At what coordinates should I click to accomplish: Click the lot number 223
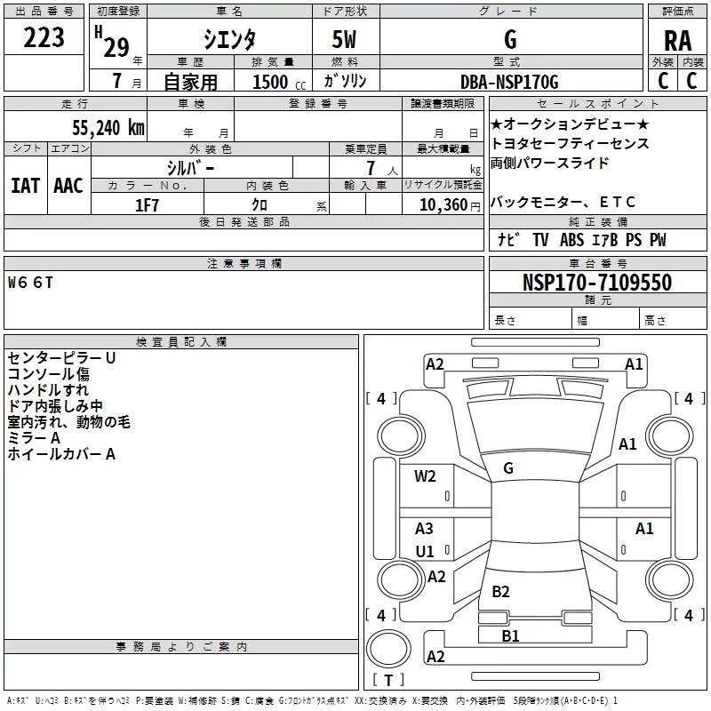point(44,37)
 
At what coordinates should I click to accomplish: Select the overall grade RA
point(678,41)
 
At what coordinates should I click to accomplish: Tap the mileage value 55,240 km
point(108,127)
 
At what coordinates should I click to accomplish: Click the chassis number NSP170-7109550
point(597,282)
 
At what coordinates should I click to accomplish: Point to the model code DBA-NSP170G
point(509,82)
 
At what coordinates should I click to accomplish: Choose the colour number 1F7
point(147,205)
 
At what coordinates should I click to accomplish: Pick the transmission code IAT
point(25,186)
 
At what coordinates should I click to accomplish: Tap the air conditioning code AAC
point(68,186)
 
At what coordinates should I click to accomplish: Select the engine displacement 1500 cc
point(279,82)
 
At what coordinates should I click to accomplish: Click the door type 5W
point(344,39)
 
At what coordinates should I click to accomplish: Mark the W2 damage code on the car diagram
point(425,476)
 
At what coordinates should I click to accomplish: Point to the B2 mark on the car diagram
point(500,591)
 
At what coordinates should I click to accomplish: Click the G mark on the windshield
point(508,468)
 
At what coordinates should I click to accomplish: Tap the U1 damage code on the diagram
point(425,551)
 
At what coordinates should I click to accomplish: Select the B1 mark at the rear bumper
point(510,635)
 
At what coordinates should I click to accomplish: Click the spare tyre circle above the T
point(388,649)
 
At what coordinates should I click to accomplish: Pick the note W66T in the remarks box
point(30,283)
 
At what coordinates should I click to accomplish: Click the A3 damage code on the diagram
point(424,528)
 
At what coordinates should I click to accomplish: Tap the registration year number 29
point(116,48)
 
